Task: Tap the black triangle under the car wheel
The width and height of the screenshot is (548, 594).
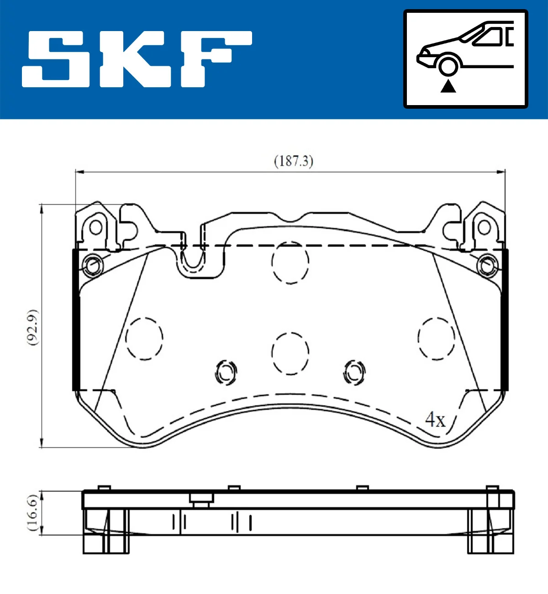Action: pos(448,85)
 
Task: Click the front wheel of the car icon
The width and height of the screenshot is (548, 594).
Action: pos(448,65)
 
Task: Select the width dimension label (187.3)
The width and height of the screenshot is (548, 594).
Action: pos(293,161)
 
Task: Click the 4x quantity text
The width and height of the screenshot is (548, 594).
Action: pos(435,419)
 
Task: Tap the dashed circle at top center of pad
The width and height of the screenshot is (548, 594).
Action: pos(290,263)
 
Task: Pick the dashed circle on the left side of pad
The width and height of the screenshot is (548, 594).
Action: pos(144,338)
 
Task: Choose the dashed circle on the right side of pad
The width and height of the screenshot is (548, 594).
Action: pos(436,338)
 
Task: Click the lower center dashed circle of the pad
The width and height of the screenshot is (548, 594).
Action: pos(290,353)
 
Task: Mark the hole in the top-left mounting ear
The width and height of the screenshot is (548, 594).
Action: pos(95,227)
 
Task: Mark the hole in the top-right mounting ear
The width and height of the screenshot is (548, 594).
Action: pos(484,227)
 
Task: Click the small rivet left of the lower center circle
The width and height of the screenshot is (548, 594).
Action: pos(226,372)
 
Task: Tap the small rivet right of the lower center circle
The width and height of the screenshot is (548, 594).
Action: pos(354,372)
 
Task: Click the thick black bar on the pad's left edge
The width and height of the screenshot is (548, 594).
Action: pos(76,320)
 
